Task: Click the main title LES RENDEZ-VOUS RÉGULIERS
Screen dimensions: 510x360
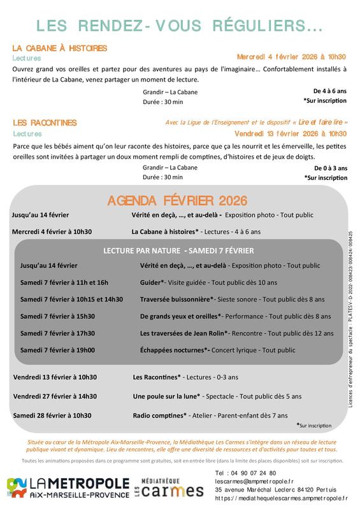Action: click(x=180, y=25)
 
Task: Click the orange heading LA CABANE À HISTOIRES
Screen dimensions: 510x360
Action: click(x=60, y=48)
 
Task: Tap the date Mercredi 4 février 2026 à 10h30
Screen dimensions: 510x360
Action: click(x=291, y=57)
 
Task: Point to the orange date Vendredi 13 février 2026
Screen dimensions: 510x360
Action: click(x=291, y=134)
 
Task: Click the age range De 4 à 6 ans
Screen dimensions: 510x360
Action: click(x=330, y=92)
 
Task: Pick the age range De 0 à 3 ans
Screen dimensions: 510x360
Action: click(x=330, y=168)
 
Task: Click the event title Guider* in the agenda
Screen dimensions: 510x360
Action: click(x=152, y=282)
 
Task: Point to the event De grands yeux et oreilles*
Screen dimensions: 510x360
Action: click(x=180, y=316)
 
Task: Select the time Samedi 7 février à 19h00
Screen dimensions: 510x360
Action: click(x=57, y=350)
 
